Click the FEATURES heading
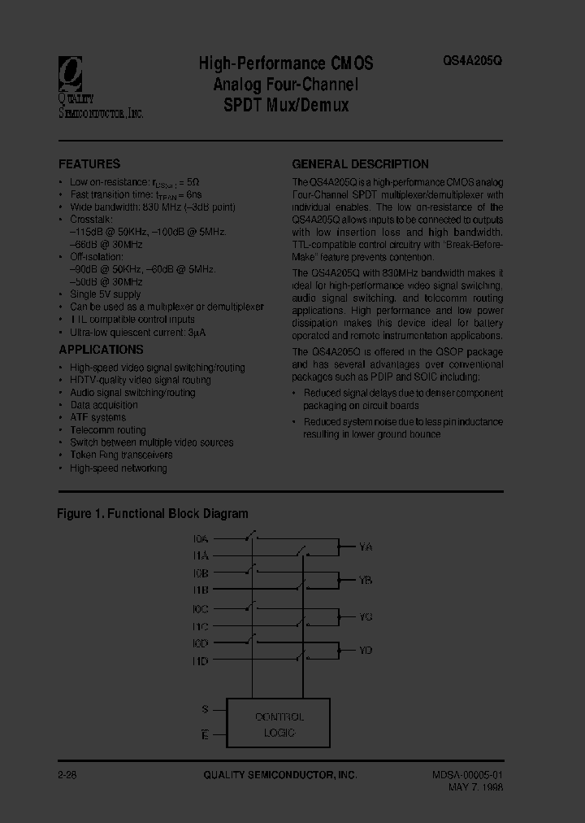click(x=89, y=163)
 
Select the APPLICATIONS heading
click(x=101, y=350)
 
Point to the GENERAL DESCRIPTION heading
click(x=360, y=163)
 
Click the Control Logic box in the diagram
click(x=279, y=724)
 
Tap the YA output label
click(x=366, y=547)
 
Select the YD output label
click(x=366, y=650)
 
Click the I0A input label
click(x=201, y=538)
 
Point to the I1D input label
click(x=201, y=661)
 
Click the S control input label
click(x=205, y=709)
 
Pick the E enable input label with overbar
click(x=205, y=735)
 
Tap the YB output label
click(x=366, y=581)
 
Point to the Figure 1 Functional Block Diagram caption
click(x=153, y=514)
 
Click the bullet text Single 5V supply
click(x=105, y=294)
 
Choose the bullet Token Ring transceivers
click(x=121, y=455)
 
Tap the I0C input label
click(x=201, y=608)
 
